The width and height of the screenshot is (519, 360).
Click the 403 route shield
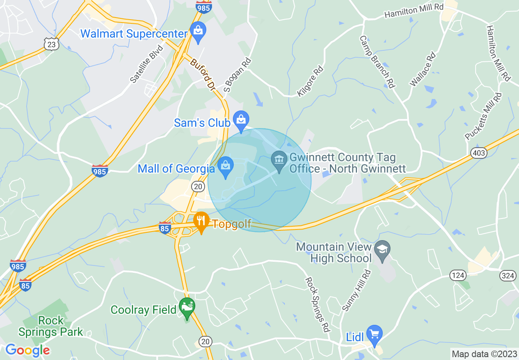pos(479,153)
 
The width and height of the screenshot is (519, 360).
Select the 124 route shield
pos(458,275)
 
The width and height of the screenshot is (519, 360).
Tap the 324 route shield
pos(508,276)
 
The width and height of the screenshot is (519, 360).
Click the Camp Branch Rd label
pos(377,62)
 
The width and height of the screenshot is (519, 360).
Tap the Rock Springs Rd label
pos(318,304)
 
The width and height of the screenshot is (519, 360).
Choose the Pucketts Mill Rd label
pos(483,117)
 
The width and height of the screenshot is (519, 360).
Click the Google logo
pos(27,350)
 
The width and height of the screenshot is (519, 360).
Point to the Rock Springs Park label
pos(51,326)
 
